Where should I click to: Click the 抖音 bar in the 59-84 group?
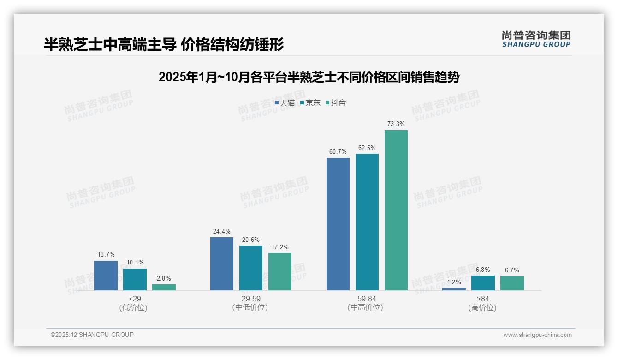tap(396, 210)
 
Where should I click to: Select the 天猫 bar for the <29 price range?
tap(106, 276)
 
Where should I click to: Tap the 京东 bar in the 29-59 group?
tap(250, 268)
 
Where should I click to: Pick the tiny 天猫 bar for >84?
tap(454, 289)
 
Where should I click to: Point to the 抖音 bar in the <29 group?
tap(164, 287)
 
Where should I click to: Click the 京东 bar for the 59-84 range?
tap(367, 222)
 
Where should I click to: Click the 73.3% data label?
tap(396, 124)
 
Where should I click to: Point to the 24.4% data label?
tap(221, 231)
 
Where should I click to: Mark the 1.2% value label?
tap(454, 282)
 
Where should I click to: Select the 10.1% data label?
tap(135, 262)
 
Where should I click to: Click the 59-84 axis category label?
tap(367, 299)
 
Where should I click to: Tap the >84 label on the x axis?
tap(483, 299)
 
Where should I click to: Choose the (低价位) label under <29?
tap(134, 308)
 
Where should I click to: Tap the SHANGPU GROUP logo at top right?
tap(536, 39)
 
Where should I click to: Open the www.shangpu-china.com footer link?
tap(537, 335)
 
